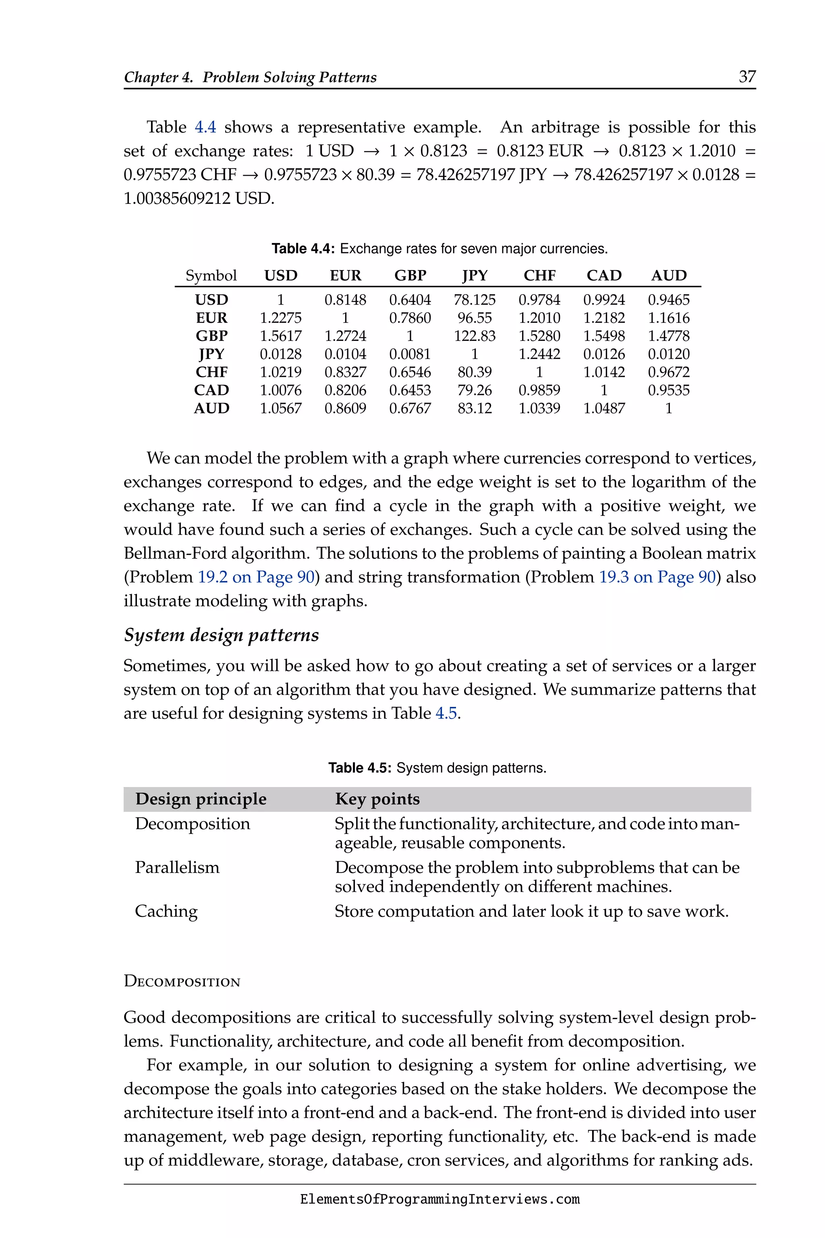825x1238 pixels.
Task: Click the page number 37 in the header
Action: tap(747, 77)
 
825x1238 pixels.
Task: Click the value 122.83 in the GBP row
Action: tap(475, 336)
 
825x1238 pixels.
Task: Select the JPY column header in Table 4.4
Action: tap(475, 275)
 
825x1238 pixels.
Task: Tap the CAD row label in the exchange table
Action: tap(211, 390)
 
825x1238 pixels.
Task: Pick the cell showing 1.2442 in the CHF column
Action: tap(539, 354)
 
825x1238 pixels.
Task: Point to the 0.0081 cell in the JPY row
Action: tap(410, 354)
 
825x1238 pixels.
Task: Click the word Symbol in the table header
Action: tap(211, 275)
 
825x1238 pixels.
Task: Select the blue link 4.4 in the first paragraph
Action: tap(205, 127)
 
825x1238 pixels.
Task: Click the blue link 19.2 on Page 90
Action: tap(256, 577)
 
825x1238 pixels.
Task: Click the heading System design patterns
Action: tap(222, 635)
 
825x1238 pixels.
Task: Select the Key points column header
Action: tap(377, 799)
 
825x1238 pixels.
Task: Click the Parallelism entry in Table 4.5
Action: tap(177, 867)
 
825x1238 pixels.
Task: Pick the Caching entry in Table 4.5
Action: tap(166, 911)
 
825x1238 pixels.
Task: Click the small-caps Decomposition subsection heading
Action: tap(182, 982)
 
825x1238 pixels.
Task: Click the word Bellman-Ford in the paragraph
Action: tap(175, 553)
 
